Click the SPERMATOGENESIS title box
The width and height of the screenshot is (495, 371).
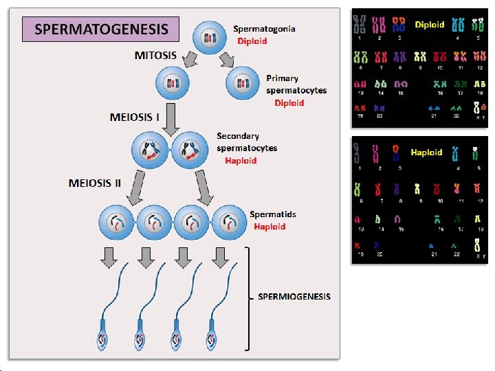pyautogui.click(x=100, y=29)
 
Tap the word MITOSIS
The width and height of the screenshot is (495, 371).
pyautogui.click(x=155, y=55)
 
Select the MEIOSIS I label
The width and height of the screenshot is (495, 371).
pyautogui.click(x=135, y=117)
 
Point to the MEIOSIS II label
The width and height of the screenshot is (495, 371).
pyautogui.click(x=95, y=183)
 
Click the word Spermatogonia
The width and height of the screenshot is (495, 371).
pyautogui.click(x=264, y=28)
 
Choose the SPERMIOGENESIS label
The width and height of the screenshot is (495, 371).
pyautogui.click(x=294, y=296)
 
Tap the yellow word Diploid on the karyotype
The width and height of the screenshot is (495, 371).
pyautogui.click(x=430, y=24)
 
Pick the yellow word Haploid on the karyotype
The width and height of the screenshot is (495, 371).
pyautogui.click(x=426, y=152)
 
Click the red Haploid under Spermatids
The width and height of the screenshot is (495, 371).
pyautogui.click(x=269, y=226)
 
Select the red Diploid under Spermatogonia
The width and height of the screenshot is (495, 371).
pyautogui.click(x=252, y=41)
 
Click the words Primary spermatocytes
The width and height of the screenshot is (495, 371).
pyautogui.click(x=296, y=85)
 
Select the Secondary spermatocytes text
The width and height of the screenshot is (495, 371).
pyautogui.click(x=247, y=142)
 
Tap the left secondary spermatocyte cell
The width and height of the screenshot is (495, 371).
pyautogui.click(x=151, y=150)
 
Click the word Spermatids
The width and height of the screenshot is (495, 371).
pyautogui.click(x=273, y=214)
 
